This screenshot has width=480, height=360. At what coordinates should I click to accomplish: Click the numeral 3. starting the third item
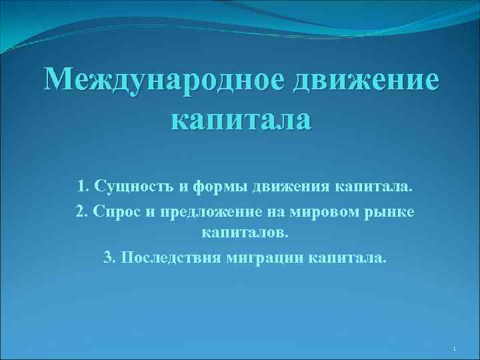tap(109, 258)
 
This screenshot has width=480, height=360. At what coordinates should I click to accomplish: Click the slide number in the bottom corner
tap(453, 349)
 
